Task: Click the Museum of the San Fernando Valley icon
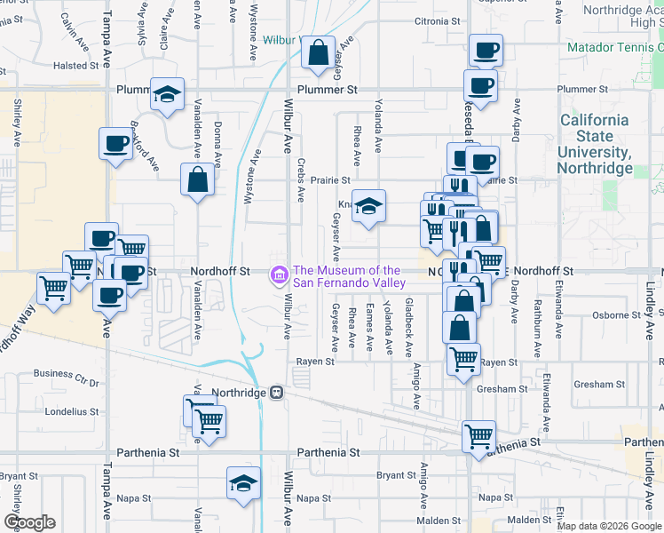click(x=279, y=276)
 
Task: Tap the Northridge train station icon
click(x=277, y=393)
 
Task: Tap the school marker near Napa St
click(x=242, y=483)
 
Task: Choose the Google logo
click(x=29, y=521)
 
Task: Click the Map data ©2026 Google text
click(x=608, y=526)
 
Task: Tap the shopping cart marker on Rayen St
click(x=463, y=359)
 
